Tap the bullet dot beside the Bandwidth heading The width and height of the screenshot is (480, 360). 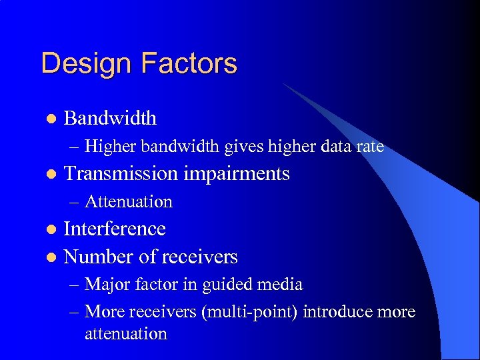tap(49, 119)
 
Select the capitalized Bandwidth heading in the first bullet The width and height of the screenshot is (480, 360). tap(110, 118)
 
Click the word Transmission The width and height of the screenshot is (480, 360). tap(120, 173)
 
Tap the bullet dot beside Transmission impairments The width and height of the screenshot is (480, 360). tap(49, 174)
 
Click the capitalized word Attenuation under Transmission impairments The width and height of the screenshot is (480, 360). tap(129, 201)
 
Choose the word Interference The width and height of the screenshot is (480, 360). tap(114, 229)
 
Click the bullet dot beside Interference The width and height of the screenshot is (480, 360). tap(49, 229)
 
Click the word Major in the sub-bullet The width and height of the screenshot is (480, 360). tap(107, 285)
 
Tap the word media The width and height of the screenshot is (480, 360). tap(280, 285)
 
